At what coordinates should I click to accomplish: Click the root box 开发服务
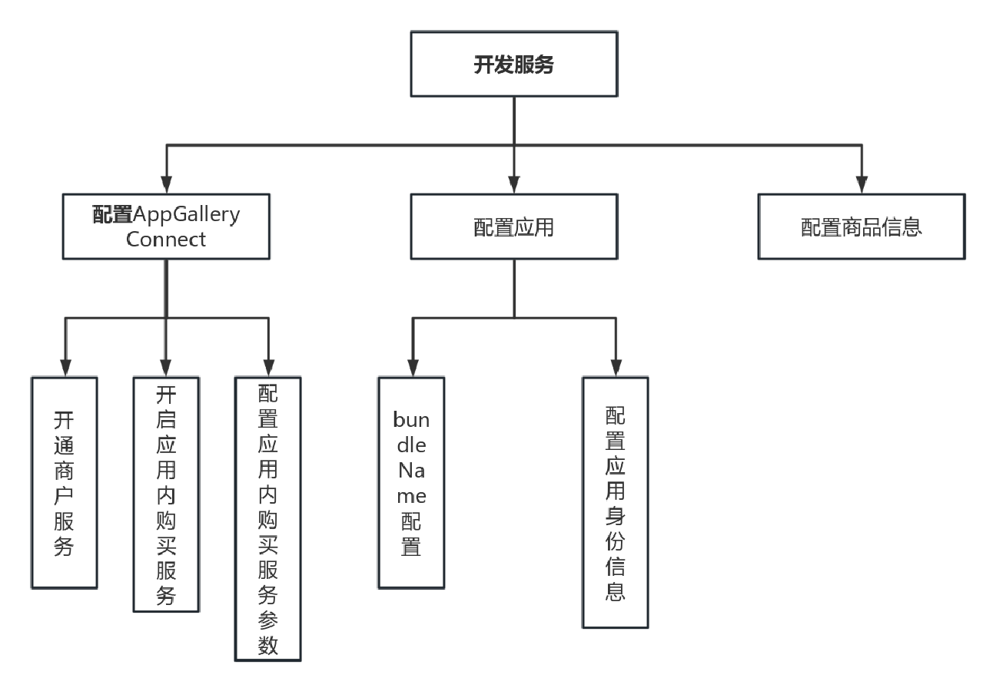[x=513, y=64]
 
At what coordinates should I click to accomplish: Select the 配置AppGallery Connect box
[x=166, y=226]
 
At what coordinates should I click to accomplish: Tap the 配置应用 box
[x=513, y=226]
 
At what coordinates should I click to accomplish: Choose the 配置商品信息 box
[x=862, y=226]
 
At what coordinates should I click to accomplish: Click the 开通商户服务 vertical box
[x=65, y=482]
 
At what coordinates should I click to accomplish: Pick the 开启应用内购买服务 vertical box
[x=166, y=494]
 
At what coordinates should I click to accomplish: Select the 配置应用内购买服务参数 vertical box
[x=268, y=518]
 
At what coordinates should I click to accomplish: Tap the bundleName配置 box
[x=411, y=482]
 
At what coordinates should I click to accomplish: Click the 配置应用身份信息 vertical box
[x=616, y=502]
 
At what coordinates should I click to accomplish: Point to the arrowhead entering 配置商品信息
[x=862, y=184]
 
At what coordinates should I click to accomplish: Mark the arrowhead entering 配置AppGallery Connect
[x=166, y=184]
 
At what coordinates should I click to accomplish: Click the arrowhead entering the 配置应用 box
[x=513, y=184]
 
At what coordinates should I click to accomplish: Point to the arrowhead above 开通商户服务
[x=65, y=367]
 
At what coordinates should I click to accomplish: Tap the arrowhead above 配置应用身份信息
[x=616, y=367]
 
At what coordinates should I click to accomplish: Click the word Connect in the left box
[x=166, y=240]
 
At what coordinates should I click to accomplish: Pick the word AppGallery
[x=188, y=214]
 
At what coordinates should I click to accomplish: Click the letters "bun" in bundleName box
[x=411, y=420]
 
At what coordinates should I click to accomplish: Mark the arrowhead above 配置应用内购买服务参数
[x=268, y=367]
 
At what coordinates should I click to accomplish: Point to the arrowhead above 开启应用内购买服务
[x=166, y=367]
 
